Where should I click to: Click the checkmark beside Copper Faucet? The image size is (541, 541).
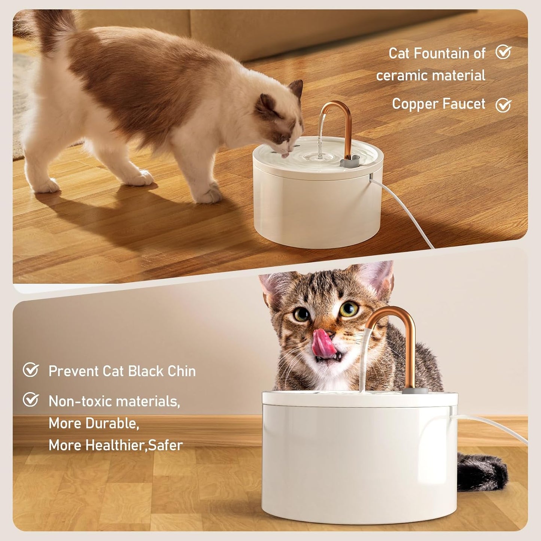tap(503, 105)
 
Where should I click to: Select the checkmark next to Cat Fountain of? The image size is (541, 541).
tap(503, 52)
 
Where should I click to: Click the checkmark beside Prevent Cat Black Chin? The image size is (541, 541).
tap(31, 370)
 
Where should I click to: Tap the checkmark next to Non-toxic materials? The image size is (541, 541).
tap(31, 399)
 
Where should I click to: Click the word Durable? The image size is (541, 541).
tap(112, 423)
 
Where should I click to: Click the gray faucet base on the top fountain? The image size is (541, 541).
tap(349, 162)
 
